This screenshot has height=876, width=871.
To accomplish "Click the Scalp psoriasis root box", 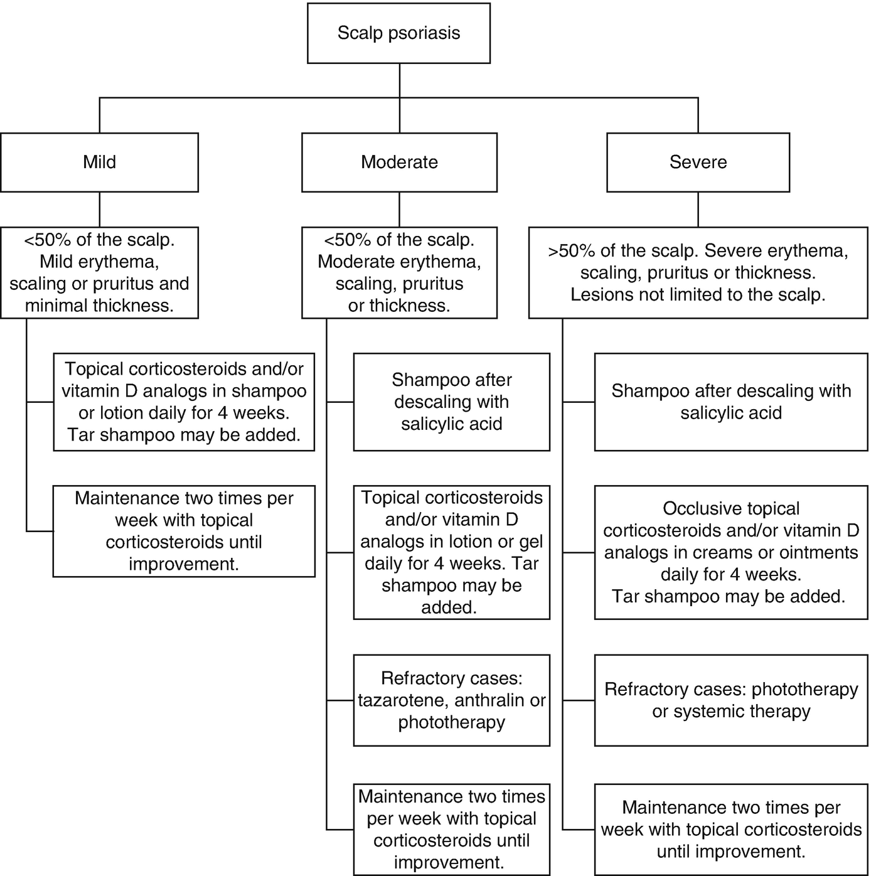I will coord(398,33).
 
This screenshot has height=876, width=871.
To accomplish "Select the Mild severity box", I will coord(99,162).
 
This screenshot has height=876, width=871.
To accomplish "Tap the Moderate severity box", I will coord(399,162).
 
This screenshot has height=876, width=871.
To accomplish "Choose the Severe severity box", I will coord(698,162).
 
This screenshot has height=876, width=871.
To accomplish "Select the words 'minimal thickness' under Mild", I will coord(99,306).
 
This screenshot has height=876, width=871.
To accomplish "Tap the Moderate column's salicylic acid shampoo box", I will coord(451,402).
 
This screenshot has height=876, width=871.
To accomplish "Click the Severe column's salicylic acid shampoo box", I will coord(731,402).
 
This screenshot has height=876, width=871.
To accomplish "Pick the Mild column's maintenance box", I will coord(183,531).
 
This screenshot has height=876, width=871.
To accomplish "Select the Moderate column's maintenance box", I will coord(451,830).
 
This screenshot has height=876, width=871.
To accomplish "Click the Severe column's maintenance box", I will coord(731,830).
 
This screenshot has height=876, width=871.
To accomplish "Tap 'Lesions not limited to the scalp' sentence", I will coord(698,295).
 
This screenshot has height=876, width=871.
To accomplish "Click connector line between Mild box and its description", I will coord(99,210).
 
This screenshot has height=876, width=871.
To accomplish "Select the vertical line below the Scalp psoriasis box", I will coord(399,80).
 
